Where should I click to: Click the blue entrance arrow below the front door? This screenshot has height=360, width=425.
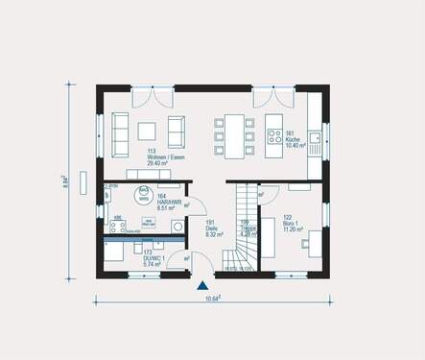(202, 284)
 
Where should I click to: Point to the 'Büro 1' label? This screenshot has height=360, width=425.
(293, 224)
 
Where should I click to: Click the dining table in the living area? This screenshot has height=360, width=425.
(236, 129)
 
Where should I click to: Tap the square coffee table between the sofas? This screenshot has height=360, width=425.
(148, 130)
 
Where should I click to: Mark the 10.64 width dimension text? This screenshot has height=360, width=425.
(213, 300)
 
